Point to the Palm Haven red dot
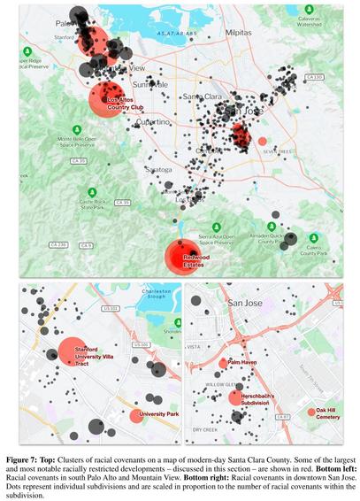point(222,364)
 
